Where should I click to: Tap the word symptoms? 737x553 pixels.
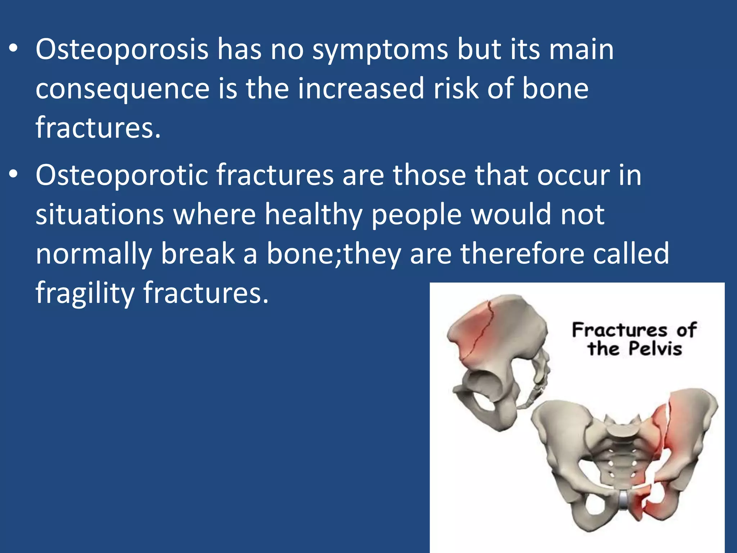point(380,50)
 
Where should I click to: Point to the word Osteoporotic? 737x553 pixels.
point(122,175)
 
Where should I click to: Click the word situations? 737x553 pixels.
point(100,215)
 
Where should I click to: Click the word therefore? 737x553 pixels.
point(522,253)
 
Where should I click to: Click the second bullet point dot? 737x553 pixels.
point(13,175)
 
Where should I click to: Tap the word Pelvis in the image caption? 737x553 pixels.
point(655,349)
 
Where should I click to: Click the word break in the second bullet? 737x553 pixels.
point(198,253)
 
